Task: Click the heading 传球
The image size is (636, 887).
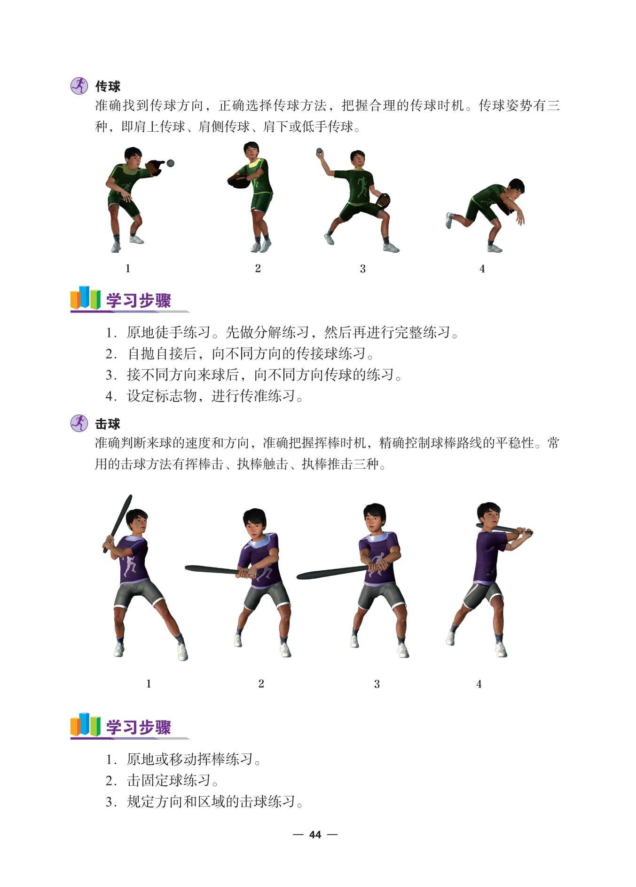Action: click(108, 86)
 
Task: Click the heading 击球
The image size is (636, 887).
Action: click(108, 424)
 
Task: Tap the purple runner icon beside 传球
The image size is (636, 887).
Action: click(79, 86)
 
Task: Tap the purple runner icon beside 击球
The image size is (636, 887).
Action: click(79, 423)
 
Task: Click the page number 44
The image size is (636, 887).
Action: click(315, 834)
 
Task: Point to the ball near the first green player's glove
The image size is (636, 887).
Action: click(171, 163)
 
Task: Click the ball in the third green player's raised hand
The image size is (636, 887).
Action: click(319, 151)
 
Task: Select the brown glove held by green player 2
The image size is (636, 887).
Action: click(240, 181)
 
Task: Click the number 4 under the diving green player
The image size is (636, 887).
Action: click(482, 268)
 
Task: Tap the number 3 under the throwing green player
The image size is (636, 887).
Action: click(362, 268)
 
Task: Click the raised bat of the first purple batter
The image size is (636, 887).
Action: click(118, 523)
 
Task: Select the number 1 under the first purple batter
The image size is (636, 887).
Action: click(149, 684)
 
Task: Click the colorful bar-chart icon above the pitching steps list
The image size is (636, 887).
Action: click(86, 298)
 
